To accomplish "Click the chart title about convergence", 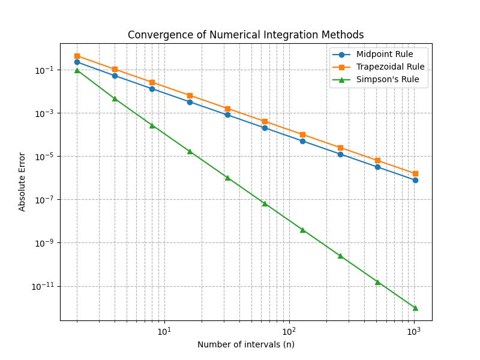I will [x=245, y=35].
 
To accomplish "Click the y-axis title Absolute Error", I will [x=22, y=181].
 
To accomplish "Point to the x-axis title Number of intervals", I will [x=245, y=344].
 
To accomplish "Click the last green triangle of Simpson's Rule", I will [x=415, y=308].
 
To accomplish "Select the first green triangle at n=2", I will [x=77, y=70].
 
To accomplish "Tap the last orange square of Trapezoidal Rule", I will [x=415, y=173].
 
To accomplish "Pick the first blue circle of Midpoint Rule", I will [x=77, y=62].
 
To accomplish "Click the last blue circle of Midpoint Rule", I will [x=415, y=180].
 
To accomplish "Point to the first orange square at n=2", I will [x=77, y=56].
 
